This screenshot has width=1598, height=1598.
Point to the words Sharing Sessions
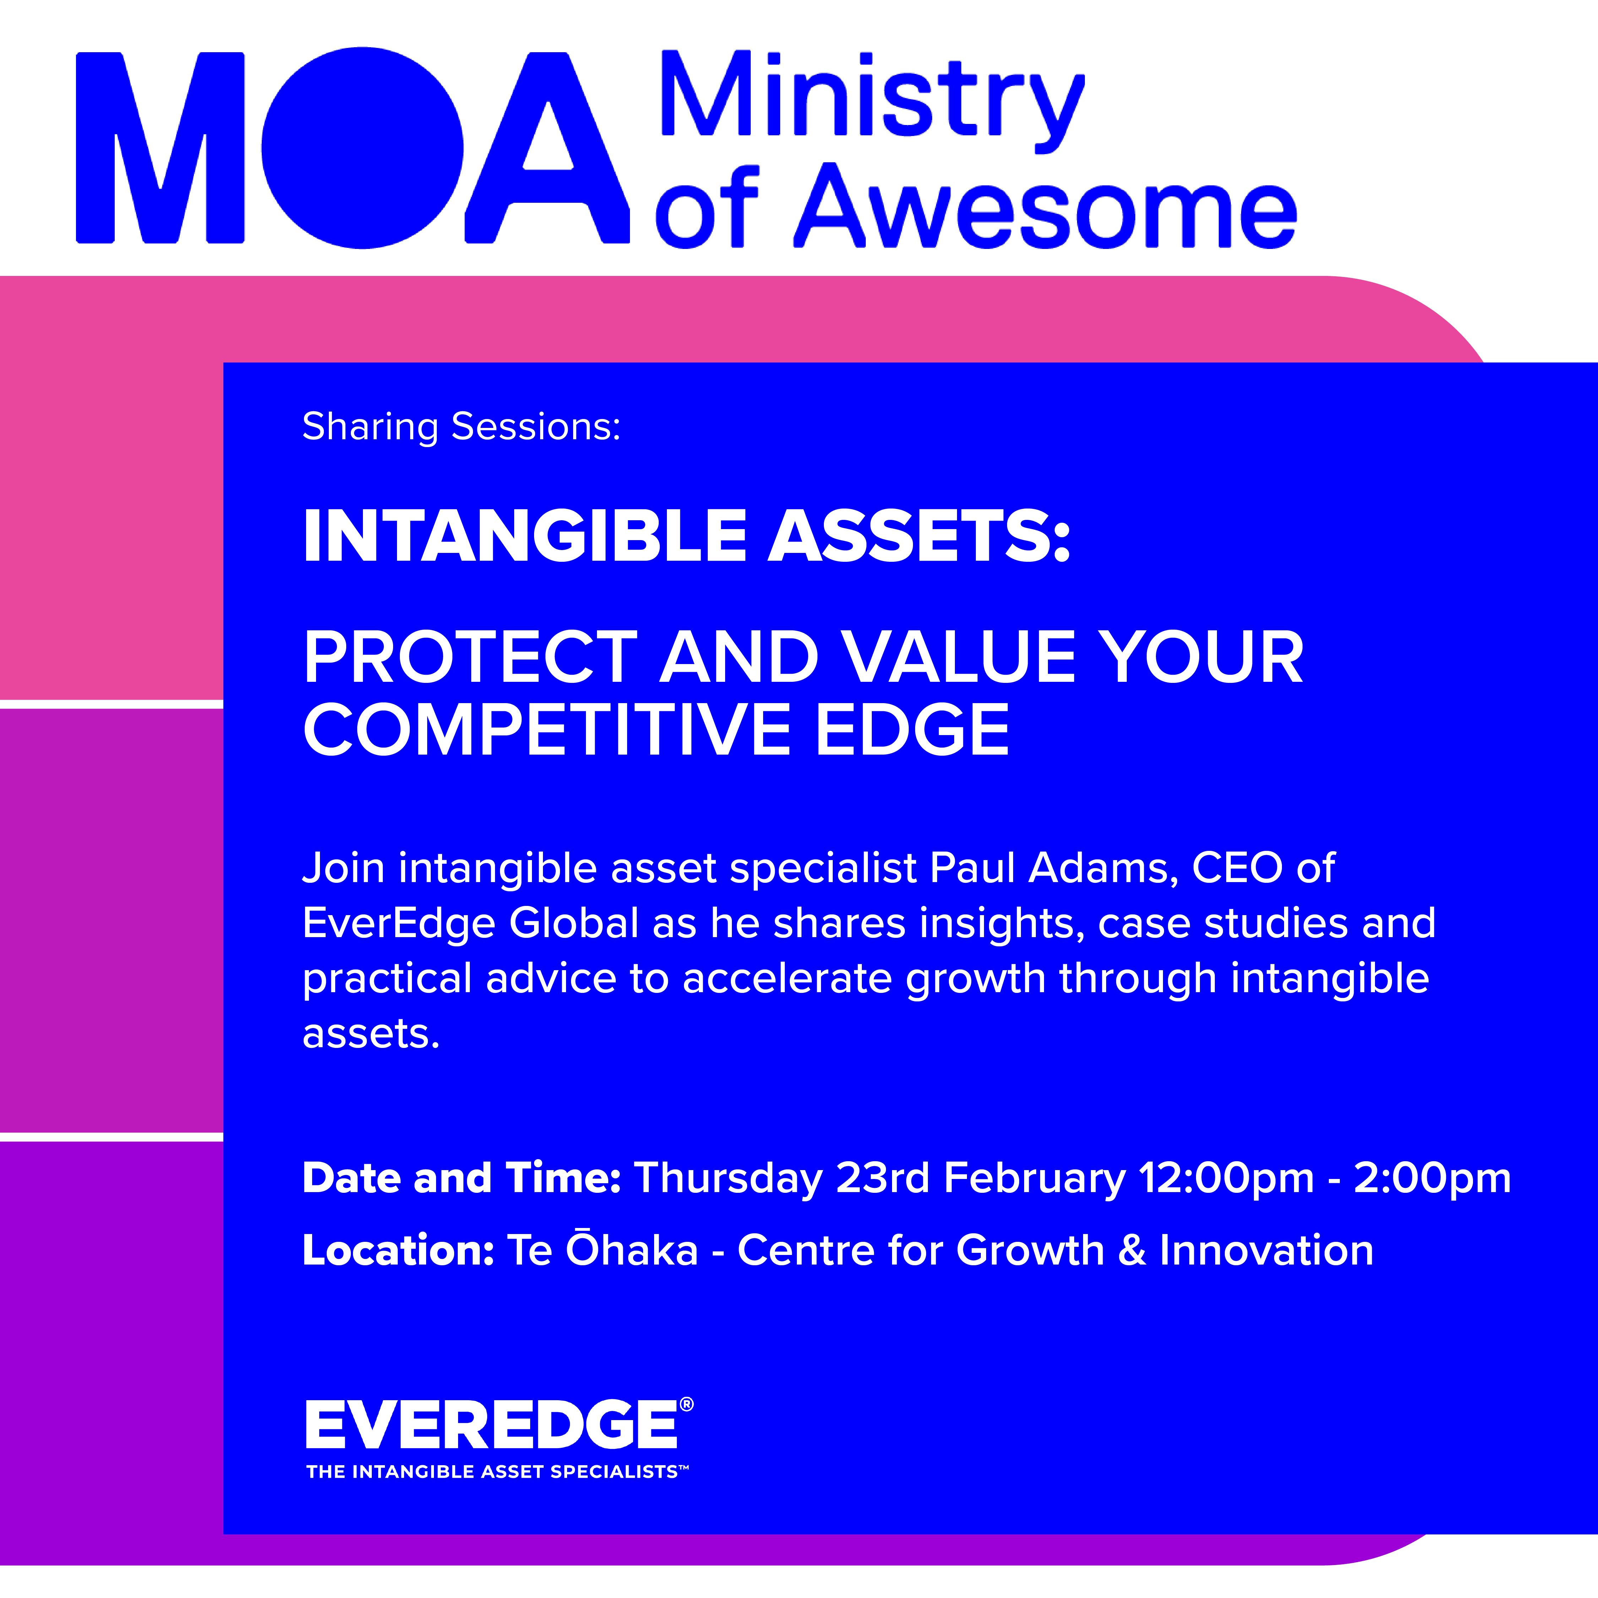point(461,427)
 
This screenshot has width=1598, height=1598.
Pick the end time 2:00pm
point(1432,1179)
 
